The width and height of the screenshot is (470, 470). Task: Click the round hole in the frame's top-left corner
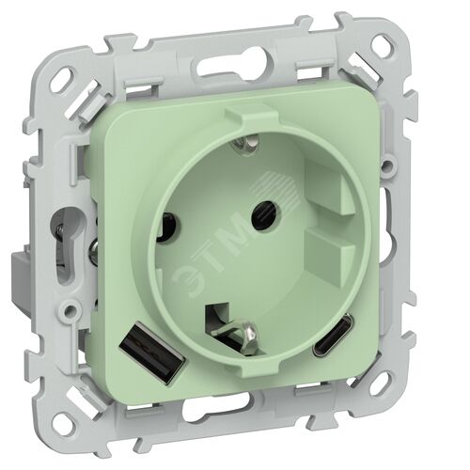click(65, 76)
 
